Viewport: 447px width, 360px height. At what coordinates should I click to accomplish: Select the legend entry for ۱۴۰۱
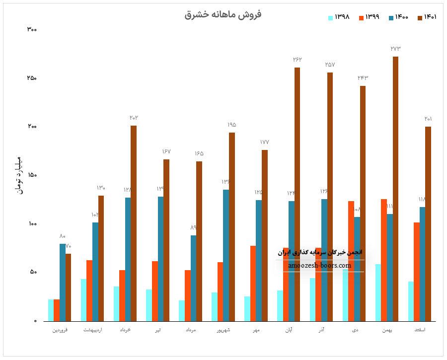[427, 17]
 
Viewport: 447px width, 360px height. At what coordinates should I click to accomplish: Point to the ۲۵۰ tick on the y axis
[31, 78]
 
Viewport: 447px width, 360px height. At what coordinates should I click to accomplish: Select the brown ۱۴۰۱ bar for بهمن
[395, 189]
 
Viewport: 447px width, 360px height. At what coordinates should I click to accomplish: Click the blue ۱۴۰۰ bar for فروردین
[63, 282]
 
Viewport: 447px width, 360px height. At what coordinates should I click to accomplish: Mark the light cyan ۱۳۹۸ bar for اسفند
[411, 301]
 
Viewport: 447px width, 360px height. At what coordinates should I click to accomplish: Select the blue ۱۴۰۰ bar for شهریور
[226, 255]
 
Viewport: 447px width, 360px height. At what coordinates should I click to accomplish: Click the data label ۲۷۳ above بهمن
[395, 49]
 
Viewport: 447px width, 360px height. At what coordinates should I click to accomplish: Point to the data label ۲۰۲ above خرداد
[134, 118]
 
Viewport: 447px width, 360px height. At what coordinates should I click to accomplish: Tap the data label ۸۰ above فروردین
[63, 236]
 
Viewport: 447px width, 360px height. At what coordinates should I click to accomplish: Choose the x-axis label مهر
[256, 330]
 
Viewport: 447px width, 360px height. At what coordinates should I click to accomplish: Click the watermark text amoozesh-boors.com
[320, 266]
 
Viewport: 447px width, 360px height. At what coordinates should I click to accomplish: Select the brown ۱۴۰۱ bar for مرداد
[199, 241]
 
